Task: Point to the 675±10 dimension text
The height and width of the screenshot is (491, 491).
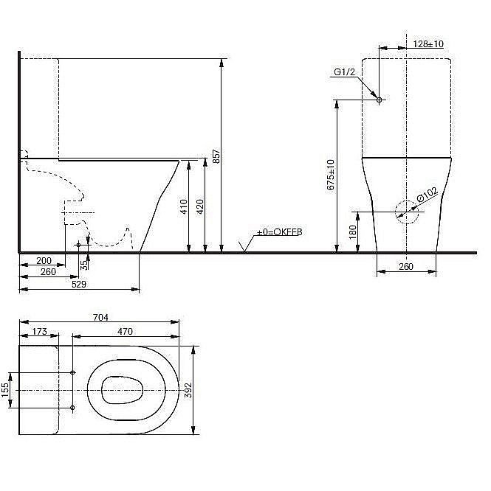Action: [331, 175]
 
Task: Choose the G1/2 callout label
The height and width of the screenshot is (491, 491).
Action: [345, 72]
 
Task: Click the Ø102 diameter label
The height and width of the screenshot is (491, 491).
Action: [428, 197]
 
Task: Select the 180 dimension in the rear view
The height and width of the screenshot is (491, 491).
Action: [352, 232]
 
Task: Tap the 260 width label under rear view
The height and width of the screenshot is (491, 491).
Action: [405, 267]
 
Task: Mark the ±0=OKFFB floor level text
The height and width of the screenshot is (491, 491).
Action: [279, 233]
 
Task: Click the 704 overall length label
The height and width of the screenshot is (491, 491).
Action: [100, 318]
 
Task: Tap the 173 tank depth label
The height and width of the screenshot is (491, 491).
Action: [40, 332]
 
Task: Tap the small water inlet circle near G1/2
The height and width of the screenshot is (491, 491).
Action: [378, 100]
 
